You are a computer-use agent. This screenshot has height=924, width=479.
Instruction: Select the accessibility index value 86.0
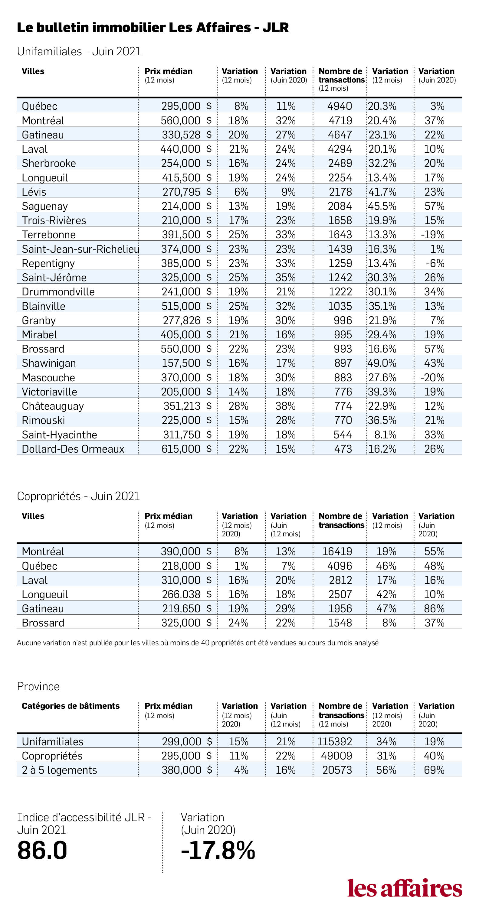point(42,851)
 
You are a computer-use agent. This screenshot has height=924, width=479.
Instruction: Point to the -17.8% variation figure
point(218,851)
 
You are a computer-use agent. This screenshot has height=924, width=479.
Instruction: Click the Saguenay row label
point(44,206)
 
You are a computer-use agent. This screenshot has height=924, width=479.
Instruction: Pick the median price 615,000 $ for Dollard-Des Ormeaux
point(186,449)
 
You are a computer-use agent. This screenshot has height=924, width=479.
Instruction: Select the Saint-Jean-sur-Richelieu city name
point(80,249)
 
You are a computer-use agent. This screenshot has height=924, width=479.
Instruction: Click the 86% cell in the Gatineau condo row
point(434,608)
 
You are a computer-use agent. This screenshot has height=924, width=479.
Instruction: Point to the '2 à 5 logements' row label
point(59,770)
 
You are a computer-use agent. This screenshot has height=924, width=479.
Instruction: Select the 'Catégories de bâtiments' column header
point(71,706)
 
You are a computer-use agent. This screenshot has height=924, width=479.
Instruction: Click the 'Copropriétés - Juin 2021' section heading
point(78,496)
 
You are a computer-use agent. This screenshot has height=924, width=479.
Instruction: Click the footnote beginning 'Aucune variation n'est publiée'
point(198,643)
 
